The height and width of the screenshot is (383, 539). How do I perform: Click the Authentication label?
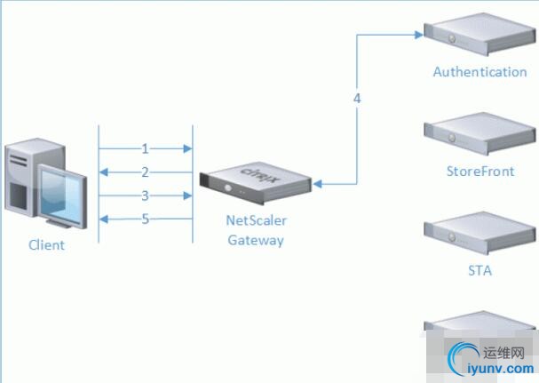point(480,72)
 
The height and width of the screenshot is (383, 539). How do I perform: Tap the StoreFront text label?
point(480,172)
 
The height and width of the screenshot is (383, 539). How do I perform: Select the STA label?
point(480,270)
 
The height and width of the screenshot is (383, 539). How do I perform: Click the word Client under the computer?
point(46,244)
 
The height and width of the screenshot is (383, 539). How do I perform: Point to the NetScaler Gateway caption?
point(257,230)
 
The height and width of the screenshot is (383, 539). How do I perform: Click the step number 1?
point(145,148)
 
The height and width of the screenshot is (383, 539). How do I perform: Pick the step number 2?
point(145,172)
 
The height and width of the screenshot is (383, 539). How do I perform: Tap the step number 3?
point(145,195)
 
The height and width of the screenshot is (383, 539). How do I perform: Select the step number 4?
point(357,99)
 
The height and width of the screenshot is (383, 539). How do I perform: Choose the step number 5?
point(145,218)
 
